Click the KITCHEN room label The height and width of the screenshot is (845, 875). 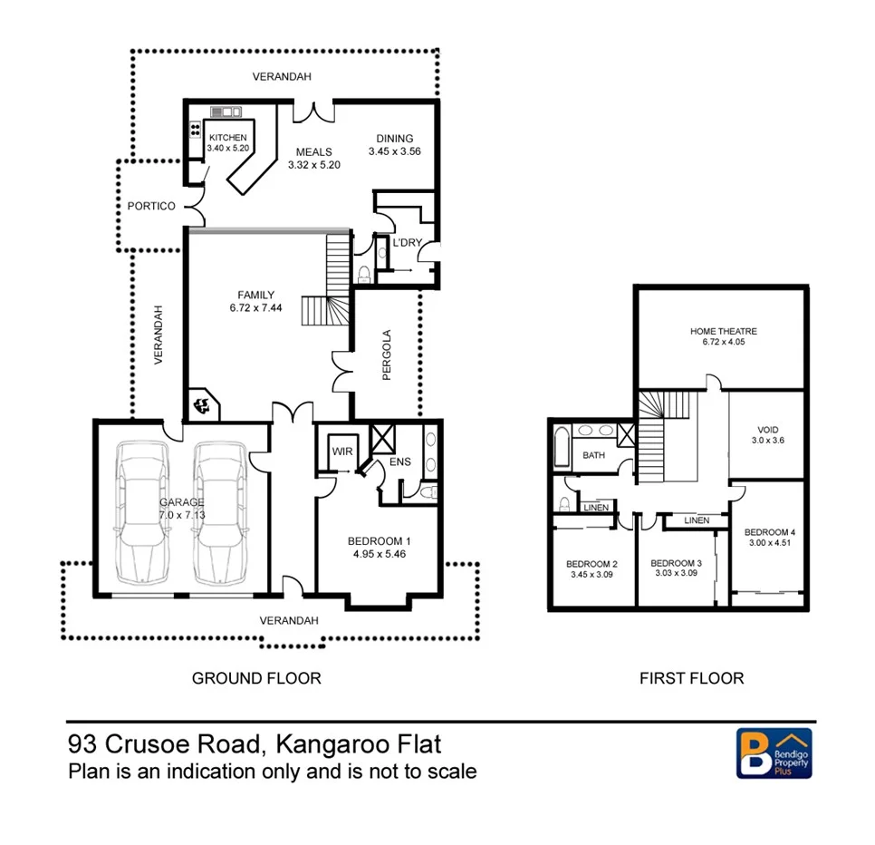(226, 142)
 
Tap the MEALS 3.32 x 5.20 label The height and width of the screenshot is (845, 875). (313, 159)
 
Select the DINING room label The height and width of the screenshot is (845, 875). (394, 145)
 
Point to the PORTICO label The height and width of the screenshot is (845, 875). (151, 206)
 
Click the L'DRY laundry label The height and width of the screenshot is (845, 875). (407, 242)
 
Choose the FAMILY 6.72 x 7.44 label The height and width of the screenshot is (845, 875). (255, 301)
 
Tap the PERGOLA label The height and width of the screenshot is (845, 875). (386, 355)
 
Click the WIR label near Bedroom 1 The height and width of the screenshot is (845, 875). (341, 451)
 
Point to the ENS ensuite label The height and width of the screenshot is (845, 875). (400, 461)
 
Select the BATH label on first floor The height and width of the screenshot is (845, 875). (593, 455)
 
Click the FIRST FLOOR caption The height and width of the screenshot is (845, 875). (691, 678)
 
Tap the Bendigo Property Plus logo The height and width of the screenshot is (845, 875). (773, 753)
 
